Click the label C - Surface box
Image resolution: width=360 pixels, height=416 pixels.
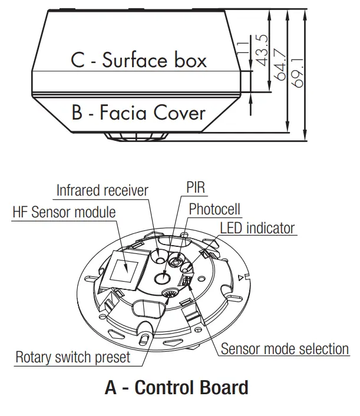pyautogui.click(x=138, y=60)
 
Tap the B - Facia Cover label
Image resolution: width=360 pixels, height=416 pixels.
pyautogui.click(x=138, y=113)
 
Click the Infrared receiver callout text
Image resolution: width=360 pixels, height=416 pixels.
pyautogui.click(x=102, y=190)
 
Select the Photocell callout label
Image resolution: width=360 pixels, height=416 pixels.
pyautogui.click(x=214, y=209)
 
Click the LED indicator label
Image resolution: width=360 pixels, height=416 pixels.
pyautogui.click(x=257, y=227)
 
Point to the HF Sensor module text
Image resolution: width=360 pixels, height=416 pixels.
pyautogui.click(x=64, y=211)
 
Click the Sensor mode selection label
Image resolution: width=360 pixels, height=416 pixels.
pyautogui.click(x=285, y=348)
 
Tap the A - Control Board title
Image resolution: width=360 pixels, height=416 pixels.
pyautogui.click(x=176, y=388)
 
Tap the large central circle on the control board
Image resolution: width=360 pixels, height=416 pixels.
pyautogui.click(x=162, y=277)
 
